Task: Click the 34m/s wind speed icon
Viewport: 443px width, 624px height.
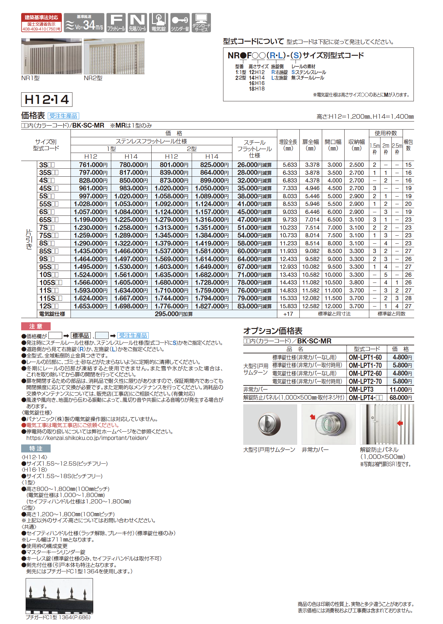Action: pos(84,23)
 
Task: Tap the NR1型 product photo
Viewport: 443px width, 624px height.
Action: pos(52,56)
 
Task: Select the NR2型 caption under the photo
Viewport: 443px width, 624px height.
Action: pos(93,78)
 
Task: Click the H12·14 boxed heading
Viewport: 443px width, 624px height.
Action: pos(47,99)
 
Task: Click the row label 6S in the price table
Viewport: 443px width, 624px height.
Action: pos(47,212)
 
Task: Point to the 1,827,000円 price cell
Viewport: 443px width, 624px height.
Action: pos(212,306)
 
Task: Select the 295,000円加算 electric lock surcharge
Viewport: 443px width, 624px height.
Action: pos(174,314)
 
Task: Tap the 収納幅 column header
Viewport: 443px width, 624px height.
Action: pos(356,145)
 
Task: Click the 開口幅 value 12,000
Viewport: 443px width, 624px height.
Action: pos(333,306)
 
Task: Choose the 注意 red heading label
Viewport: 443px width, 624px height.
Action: pos(36,326)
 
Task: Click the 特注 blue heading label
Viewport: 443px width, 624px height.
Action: pos(36,448)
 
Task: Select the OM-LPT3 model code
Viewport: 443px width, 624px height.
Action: pos(361,390)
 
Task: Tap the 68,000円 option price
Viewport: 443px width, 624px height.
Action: pos(401,398)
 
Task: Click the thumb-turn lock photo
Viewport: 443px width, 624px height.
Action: pos(270,424)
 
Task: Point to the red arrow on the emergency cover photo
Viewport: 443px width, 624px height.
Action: pos(312,417)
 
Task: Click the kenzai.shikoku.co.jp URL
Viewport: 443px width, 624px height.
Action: pos(87,438)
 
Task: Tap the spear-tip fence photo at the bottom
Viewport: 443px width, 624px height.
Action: pos(59,596)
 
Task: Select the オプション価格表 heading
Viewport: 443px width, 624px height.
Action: pos(273,331)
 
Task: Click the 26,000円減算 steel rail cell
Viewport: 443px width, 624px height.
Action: pos(255,165)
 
